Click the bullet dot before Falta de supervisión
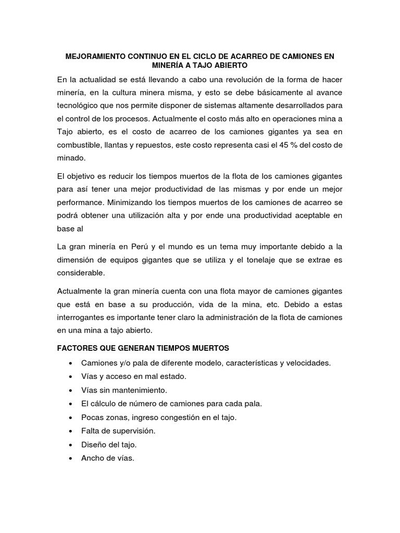coord(70,431)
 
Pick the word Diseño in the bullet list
coord(93,445)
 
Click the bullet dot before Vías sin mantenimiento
coord(70,390)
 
